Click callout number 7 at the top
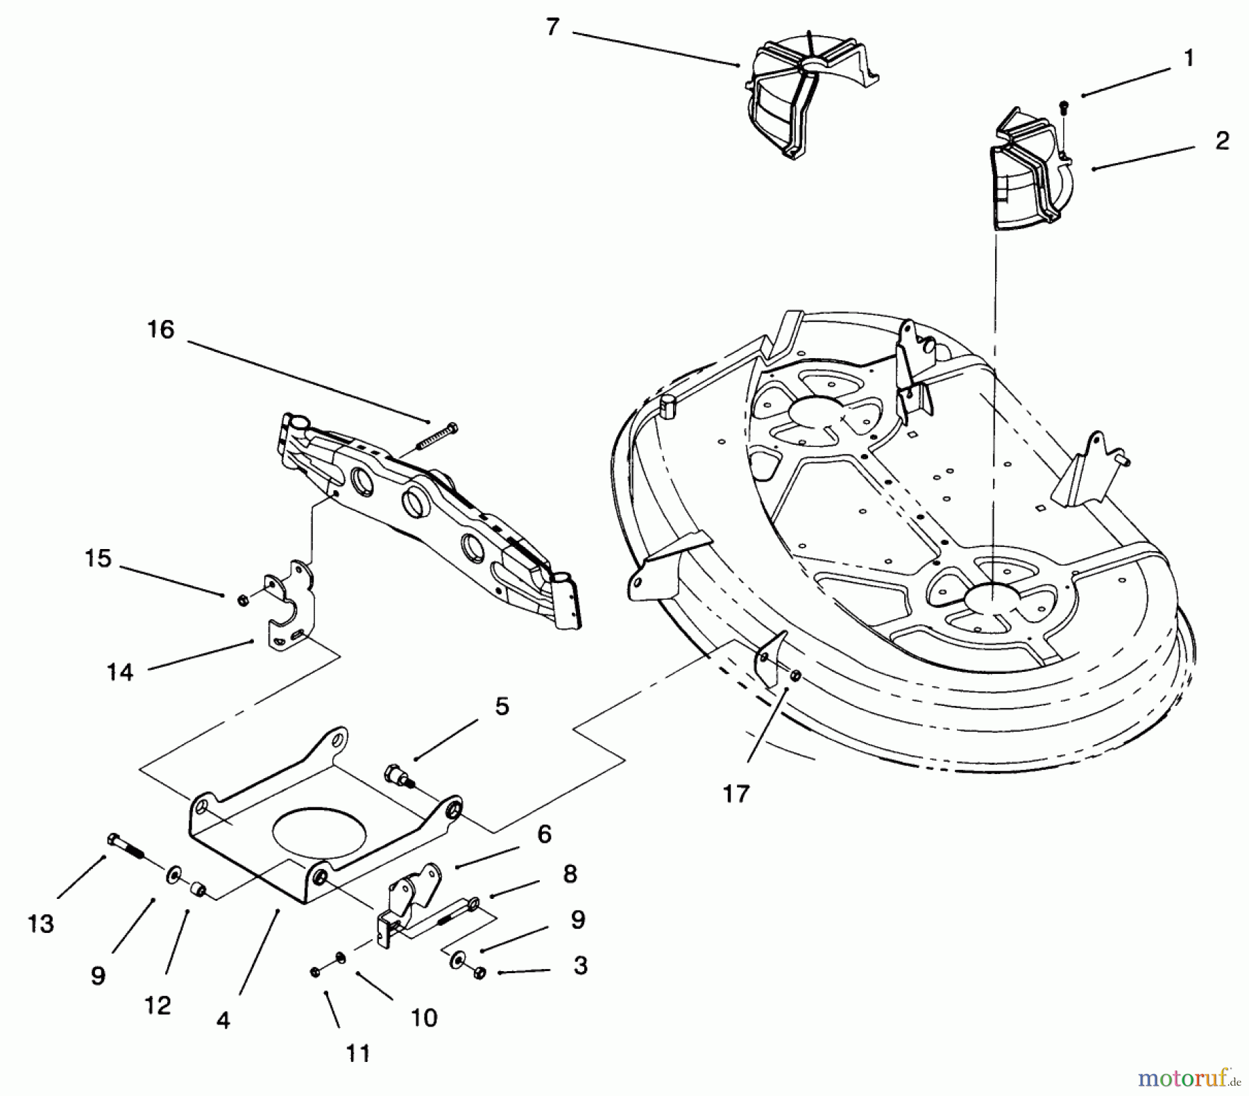coord(552,28)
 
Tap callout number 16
coord(161,330)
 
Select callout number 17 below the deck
coord(736,793)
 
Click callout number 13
coord(41,924)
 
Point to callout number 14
coord(119,672)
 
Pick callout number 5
coord(502,707)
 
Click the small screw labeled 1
coord(1064,107)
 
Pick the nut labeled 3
coord(479,974)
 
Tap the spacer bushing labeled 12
coord(198,890)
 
